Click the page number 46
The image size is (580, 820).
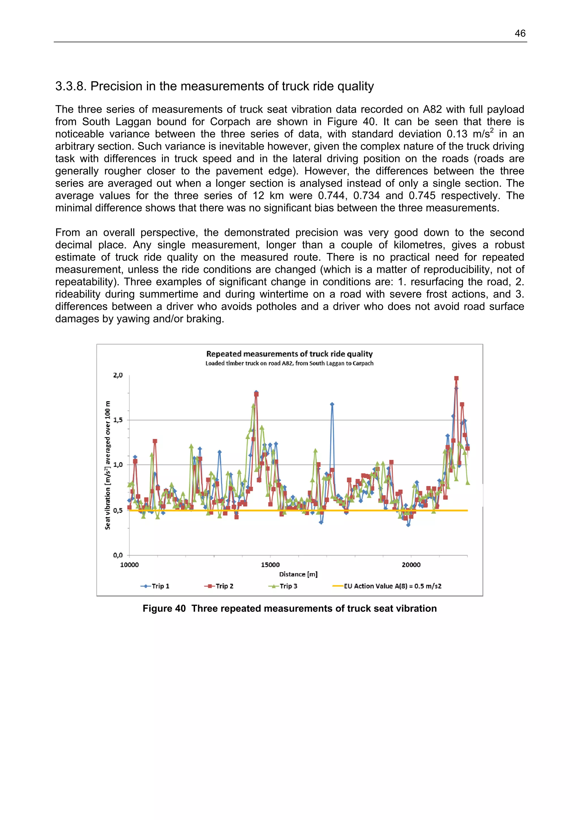pyautogui.click(x=520, y=34)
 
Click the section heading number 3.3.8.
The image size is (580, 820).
pyautogui.click(x=71, y=86)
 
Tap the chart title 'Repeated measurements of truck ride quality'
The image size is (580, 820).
pyautogui.click(x=289, y=354)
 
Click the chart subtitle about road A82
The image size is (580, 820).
pyautogui.click(x=289, y=363)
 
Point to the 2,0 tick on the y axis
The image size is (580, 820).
pyautogui.click(x=118, y=375)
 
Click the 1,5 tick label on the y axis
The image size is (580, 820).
pyautogui.click(x=118, y=420)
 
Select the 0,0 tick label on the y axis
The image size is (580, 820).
pyautogui.click(x=118, y=555)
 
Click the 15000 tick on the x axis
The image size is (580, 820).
pyautogui.click(x=270, y=565)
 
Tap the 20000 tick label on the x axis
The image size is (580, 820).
pyautogui.click(x=411, y=565)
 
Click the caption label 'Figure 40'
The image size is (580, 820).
pyautogui.click(x=164, y=609)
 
